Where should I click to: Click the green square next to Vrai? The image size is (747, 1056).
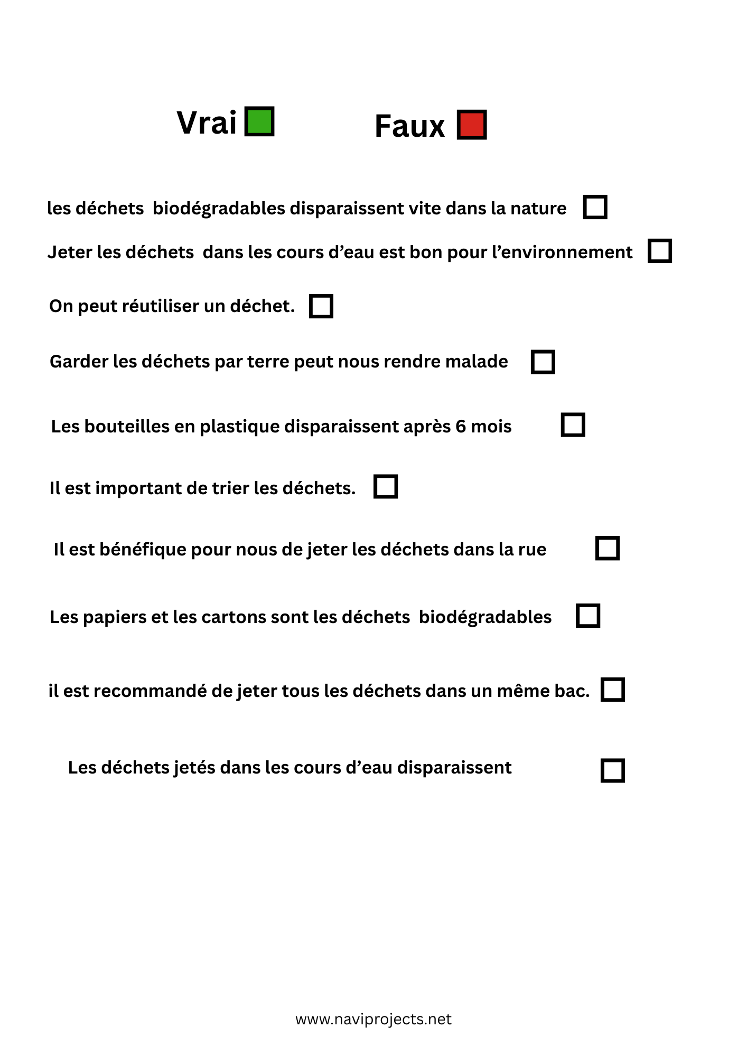[259, 121]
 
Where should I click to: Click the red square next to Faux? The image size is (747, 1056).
[471, 125]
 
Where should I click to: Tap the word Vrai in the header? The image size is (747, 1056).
[207, 123]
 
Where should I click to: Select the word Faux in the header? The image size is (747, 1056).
[409, 127]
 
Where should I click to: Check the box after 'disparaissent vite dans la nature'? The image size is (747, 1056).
[595, 206]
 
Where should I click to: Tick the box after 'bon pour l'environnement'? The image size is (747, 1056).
[659, 251]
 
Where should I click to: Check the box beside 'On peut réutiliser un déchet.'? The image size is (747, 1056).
[321, 306]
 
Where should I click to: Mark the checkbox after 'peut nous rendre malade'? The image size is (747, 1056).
[543, 362]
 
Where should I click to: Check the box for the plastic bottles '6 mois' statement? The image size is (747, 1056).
[573, 425]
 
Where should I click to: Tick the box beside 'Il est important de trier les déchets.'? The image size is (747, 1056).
[385, 486]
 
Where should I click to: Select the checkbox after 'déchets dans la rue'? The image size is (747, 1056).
[607, 548]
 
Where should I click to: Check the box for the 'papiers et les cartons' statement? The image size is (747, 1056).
[587, 616]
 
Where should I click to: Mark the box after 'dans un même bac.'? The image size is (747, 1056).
[612, 690]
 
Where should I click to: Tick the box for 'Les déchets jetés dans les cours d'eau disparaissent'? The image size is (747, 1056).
[612, 770]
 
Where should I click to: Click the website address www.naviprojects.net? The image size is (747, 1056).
[373, 1020]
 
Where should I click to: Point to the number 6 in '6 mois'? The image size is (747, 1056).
[460, 426]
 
